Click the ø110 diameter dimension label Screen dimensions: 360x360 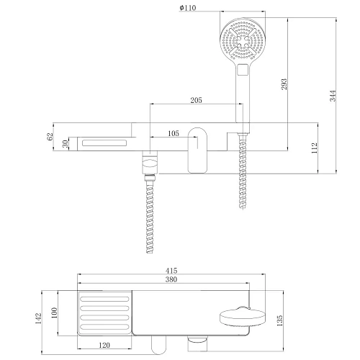188,8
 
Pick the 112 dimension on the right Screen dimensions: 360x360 315,148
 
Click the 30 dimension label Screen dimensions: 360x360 66,144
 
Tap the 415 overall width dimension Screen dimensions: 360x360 171,270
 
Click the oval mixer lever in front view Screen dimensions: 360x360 198,149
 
